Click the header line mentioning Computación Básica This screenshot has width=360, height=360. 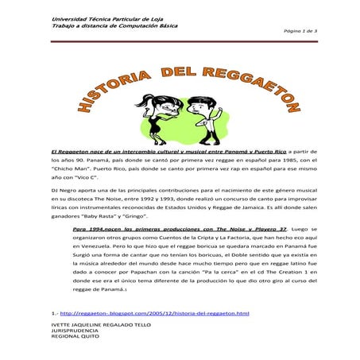(114, 25)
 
